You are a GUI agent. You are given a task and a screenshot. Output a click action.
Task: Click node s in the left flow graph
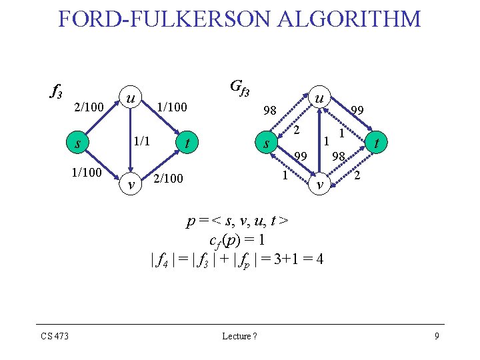(79, 143)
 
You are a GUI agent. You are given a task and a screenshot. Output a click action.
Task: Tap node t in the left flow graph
(188, 142)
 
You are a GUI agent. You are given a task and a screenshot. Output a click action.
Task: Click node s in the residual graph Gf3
(267, 143)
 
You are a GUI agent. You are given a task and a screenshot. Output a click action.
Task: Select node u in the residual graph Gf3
(319, 98)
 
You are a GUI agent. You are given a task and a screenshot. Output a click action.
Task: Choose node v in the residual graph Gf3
(319, 185)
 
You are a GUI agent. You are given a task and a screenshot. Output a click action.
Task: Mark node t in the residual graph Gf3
(377, 142)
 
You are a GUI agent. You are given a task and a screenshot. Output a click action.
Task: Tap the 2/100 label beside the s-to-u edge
(88, 107)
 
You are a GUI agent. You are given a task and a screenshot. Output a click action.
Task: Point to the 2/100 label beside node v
(167, 179)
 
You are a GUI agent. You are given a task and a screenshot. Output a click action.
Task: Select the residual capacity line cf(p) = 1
(237, 239)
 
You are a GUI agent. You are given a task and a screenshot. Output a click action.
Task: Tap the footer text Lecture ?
(239, 336)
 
